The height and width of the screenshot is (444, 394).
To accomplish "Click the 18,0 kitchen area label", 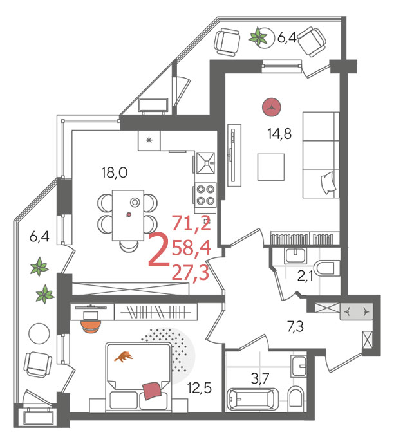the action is (115, 172).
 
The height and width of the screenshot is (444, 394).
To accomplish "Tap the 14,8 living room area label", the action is (279, 133).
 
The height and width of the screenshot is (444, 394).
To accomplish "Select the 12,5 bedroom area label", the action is (200, 387).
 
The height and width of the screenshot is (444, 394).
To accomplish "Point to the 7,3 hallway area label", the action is (295, 326).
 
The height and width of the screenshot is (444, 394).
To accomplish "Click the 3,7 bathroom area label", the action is (259, 378).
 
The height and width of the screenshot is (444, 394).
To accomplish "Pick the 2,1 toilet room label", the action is (305, 276).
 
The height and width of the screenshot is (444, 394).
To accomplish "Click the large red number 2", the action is (158, 250).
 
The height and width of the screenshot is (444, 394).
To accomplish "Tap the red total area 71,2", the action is (191, 223).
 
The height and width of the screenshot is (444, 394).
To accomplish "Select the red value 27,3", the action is (191, 273).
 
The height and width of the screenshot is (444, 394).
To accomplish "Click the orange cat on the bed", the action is (124, 356).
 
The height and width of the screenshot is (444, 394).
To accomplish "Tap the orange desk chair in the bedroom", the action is (91, 326).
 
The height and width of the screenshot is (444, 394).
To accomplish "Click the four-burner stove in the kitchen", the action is (205, 195).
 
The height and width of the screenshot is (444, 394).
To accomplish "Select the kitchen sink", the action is (205, 163).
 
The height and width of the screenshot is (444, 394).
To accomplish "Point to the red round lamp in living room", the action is (272, 107).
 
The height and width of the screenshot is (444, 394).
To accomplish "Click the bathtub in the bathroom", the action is (252, 399).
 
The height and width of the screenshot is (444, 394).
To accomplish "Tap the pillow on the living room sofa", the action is (328, 183).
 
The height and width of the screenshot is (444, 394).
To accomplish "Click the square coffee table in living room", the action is (271, 167).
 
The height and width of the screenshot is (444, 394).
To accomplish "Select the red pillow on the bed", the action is (153, 391).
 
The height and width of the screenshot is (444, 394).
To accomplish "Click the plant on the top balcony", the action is (258, 37).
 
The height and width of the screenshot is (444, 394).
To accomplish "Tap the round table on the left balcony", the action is (39, 333).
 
